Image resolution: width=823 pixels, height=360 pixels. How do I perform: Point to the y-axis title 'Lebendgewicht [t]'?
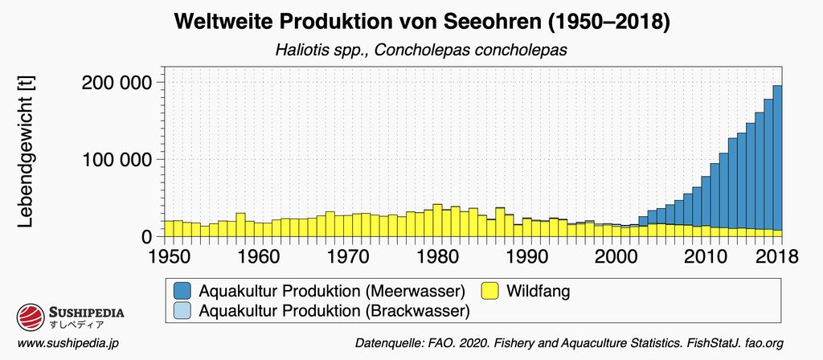[26, 153]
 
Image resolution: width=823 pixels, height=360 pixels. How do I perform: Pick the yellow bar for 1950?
[169, 228]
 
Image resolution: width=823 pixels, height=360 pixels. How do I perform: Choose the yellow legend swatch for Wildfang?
[490, 290]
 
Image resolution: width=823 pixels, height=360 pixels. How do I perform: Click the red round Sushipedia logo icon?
[30, 317]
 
